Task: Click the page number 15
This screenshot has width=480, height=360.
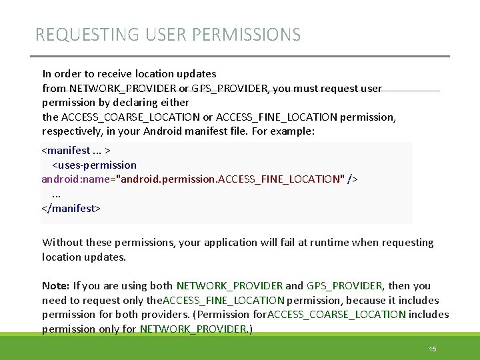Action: [432, 349]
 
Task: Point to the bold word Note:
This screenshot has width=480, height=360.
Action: [56, 286]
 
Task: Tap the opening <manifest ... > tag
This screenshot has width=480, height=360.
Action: [76, 150]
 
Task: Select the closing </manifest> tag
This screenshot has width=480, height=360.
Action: [71, 208]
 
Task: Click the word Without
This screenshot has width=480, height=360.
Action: [64, 243]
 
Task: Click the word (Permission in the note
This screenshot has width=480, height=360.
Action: [226, 315]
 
